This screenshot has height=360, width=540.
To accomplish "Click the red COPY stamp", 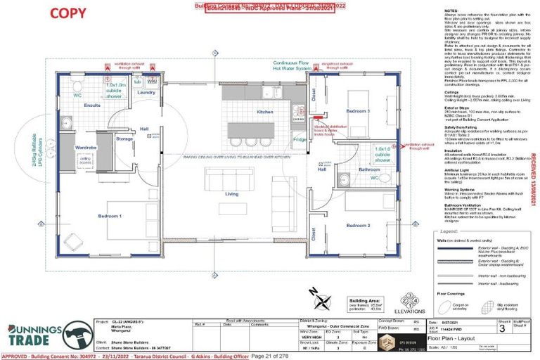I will (x=69, y=13).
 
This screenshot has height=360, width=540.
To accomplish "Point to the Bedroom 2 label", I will (x=358, y=225).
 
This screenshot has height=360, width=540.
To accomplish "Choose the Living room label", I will (x=231, y=193).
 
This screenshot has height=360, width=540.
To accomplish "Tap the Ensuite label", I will (x=92, y=105).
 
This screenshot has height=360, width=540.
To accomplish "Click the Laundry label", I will (x=146, y=92).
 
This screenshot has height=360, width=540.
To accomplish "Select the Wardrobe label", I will (x=86, y=148).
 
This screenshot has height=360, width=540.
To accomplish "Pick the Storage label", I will (x=124, y=139).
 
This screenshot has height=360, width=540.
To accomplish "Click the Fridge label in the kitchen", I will (x=300, y=140).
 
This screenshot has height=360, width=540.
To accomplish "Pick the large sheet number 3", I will (x=501, y=328).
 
